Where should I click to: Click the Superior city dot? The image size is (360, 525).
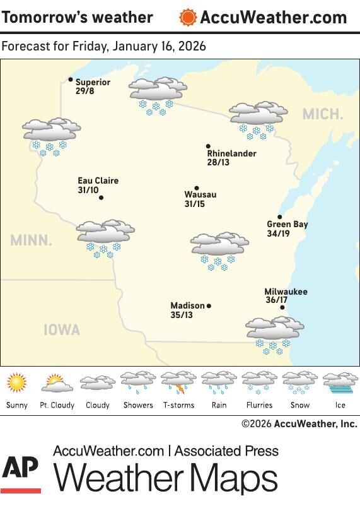click(x=71, y=80)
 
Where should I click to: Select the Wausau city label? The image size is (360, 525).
click(x=200, y=195)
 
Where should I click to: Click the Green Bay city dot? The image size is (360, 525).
click(x=280, y=216)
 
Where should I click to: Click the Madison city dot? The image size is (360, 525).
click(x=209, y=306)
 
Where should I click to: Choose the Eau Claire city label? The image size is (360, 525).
click(x=98, y=181)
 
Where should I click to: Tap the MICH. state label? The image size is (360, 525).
click(x=322, y=114)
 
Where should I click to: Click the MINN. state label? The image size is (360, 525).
click(x=31, y=240)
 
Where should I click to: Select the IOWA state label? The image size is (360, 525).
click(x=62, y=329)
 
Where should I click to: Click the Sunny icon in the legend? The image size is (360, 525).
click(x=16, y=382)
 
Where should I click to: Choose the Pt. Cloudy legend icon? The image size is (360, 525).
click(x=57, y=382)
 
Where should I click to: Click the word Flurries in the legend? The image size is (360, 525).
click(x=259, y=405)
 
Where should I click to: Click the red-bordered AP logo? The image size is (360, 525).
click(x=20, y=473)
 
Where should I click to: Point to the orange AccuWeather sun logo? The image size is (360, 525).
click(x=187, y=17)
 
